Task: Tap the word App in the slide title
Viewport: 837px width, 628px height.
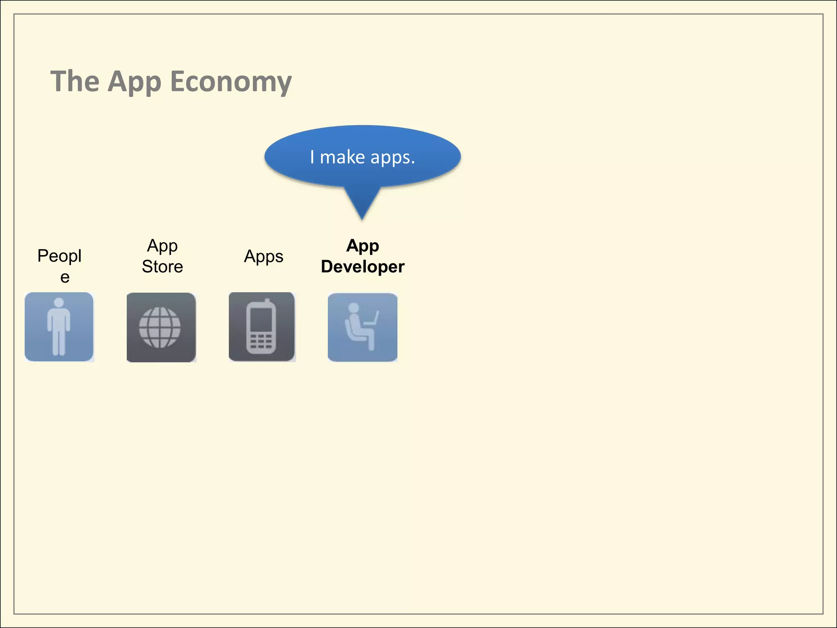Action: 134,82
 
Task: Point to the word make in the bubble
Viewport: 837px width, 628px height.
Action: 342,157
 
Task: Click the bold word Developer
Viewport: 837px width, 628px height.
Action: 363,267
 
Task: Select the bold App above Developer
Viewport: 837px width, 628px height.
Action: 363,245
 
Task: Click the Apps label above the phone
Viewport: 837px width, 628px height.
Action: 264,256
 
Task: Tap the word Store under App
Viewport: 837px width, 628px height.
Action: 162,267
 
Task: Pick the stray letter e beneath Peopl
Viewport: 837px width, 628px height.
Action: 65,277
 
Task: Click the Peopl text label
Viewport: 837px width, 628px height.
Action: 59,256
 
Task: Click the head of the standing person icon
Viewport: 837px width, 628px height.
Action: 59,303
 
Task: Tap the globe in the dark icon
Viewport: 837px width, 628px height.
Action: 160,327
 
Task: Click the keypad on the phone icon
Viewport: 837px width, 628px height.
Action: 261,341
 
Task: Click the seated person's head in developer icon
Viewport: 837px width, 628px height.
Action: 353,308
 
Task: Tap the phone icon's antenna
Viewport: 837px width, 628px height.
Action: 268,303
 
